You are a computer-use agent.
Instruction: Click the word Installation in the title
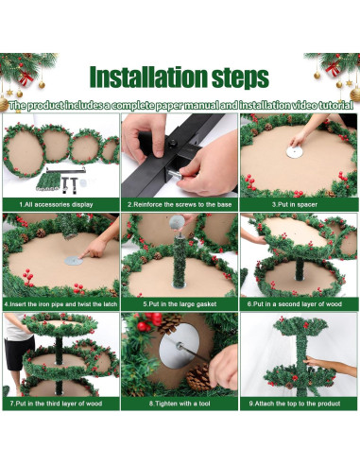(x=148, y=77)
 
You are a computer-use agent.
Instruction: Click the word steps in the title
(x=240, y=78)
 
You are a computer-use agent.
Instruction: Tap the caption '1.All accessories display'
(x=56, y=204)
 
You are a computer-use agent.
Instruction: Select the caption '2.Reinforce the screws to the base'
(x=180, y=204)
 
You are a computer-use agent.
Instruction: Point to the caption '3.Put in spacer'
(x=295, y=204)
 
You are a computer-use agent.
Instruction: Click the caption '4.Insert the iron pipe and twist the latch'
(x=60, y=304)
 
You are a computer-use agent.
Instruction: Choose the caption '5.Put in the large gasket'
(x=180, y=304)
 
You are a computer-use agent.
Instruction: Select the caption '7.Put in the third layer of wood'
(x=56, y=404)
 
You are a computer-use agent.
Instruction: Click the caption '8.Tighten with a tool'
(x=180, y=404)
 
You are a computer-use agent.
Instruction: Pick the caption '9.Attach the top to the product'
(x=295, y=404)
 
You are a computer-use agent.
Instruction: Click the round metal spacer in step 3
(x=295, y=152)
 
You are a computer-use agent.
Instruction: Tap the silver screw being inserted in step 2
(x=174, y=174)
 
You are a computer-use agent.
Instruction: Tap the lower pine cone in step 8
(x=198, y=377)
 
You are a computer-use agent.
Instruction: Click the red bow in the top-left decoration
(x=26, y=78)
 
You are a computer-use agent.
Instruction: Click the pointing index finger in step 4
(x=88, y=253)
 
